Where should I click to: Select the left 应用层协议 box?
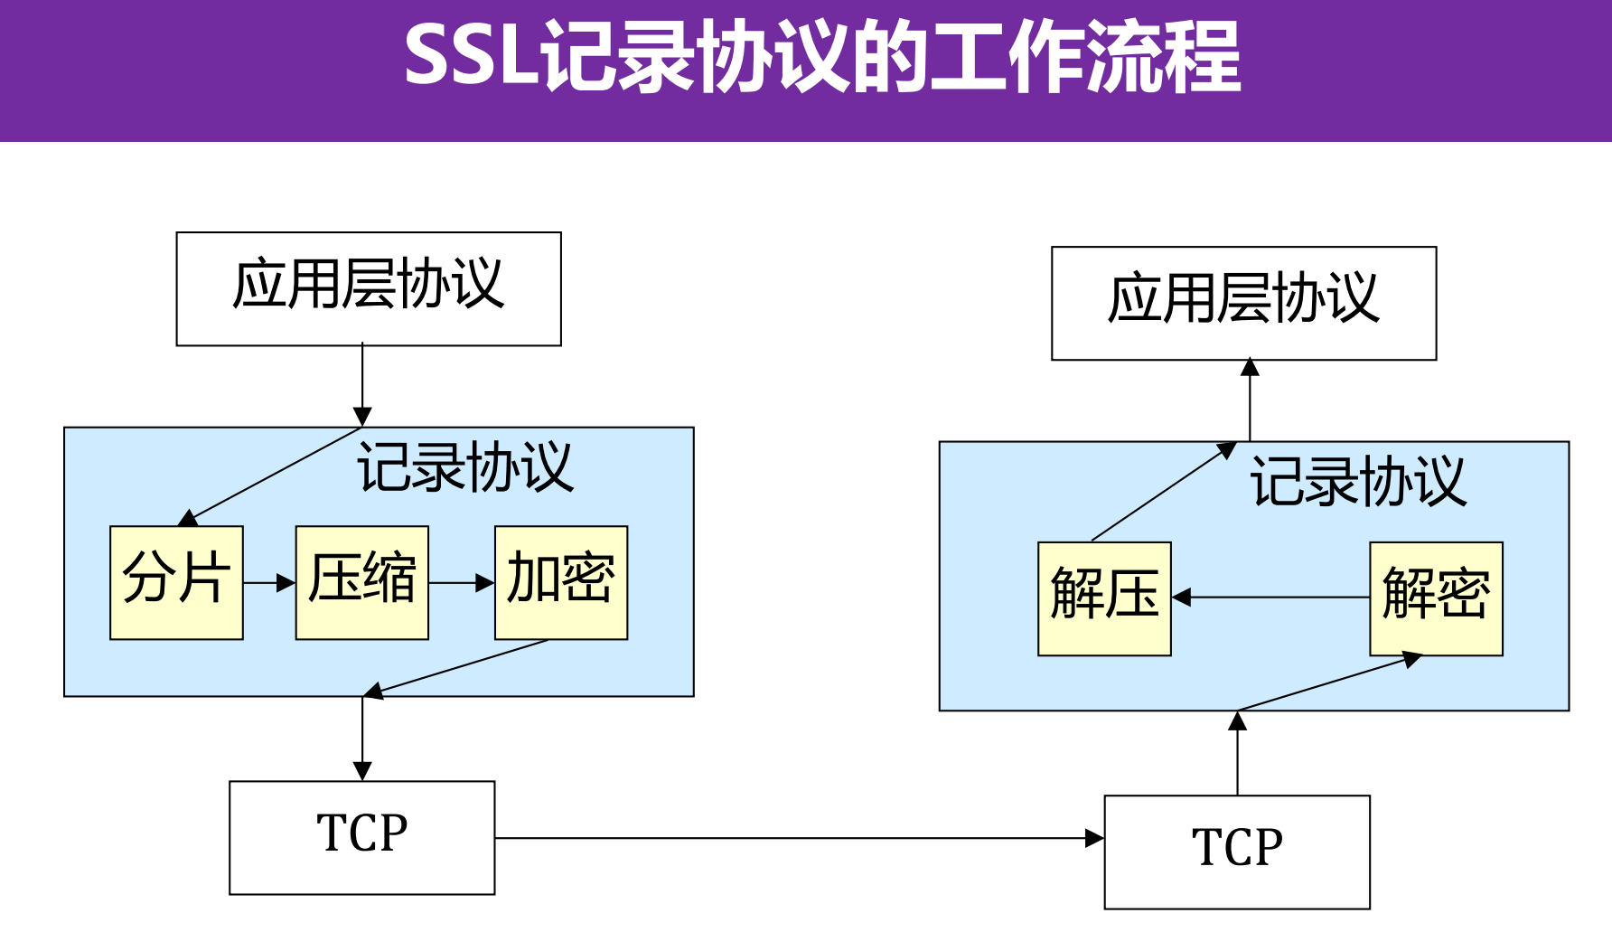pos(369,288)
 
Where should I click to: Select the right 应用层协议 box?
pos(1243,303)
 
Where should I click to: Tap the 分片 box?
pos(176,582)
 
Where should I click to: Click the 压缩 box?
pos(361,582)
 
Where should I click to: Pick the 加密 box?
pos(560,582)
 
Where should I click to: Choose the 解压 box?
pos(1104,598)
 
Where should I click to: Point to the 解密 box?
pos(1436,598)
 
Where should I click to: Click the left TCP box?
pos(361,837)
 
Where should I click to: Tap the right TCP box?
pos(1237,852)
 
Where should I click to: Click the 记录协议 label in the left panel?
pos(465,467)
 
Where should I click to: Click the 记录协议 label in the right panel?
pos(1357,482)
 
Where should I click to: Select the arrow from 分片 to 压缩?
pos(269,583)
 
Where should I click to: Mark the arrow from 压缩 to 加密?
pos(462,583)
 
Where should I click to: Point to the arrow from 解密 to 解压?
pos(1270,598)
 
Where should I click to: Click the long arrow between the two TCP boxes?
pos(799,838)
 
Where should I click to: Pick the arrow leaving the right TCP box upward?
pos(1238,753)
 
